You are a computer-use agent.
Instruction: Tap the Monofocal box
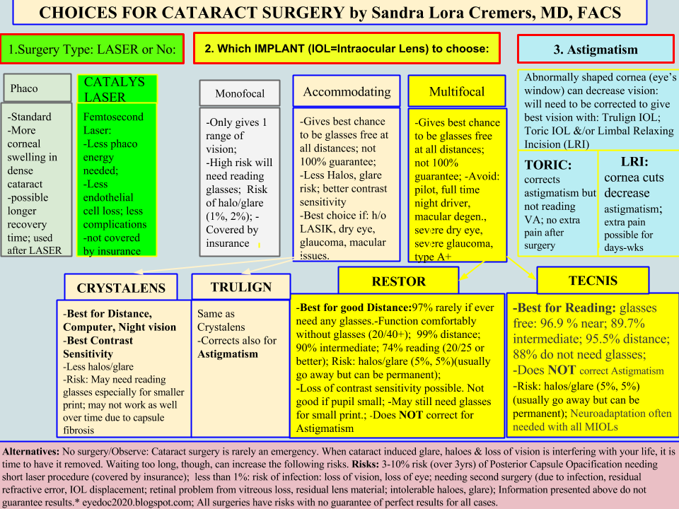click(239, 93)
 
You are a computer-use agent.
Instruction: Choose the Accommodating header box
click(347, 92)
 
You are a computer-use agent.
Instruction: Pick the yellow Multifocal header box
click(457, 92)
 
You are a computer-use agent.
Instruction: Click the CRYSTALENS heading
click(121, 288)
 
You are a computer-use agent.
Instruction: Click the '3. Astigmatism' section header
click(595, 49)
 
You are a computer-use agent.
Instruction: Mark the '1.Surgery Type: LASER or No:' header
click(92, 49)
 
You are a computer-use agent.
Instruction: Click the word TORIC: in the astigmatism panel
click(548, 165)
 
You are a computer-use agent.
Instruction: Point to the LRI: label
click(634, 161)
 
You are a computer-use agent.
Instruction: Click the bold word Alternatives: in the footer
click(31, 450)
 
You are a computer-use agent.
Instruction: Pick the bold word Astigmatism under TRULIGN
click(227, 353)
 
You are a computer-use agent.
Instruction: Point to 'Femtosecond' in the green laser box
click(113, 117)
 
